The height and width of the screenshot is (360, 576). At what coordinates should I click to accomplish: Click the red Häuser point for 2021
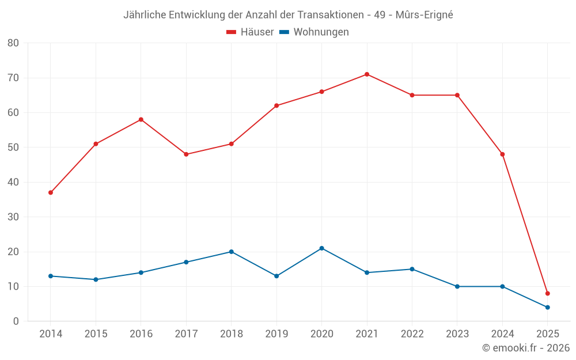(367, 74)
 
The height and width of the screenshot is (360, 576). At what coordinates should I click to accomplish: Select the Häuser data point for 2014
(51, 192)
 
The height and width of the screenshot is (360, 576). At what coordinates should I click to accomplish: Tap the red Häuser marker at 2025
(547, 294)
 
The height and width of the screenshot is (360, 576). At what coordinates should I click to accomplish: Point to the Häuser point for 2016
(141, 120)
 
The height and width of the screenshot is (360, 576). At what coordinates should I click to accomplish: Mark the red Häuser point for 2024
(502, 154)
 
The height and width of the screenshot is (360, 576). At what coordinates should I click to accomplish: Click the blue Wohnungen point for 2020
(321, 248)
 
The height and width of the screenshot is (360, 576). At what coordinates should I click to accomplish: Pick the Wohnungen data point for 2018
(232, 252)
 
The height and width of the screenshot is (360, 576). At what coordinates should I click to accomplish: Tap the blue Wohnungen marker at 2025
(547, 308)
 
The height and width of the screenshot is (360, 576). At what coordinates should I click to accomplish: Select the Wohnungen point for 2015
(96, 280)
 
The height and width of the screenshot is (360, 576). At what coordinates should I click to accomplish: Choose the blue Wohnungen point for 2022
(412, 269)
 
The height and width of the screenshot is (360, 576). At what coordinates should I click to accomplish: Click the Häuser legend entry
(250, 32)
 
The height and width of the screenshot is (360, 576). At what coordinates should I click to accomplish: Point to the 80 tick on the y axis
(13, 43)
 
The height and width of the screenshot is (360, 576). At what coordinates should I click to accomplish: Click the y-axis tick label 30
(13, 217)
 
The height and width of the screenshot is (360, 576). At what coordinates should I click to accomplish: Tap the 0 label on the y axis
(16, 321)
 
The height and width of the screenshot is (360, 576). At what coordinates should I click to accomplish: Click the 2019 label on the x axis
(276, 334)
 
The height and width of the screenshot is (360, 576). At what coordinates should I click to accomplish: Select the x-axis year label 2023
(457, 334)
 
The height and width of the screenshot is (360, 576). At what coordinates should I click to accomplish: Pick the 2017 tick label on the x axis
(186, 334)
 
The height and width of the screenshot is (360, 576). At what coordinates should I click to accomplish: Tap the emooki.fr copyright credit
(526, 348)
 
